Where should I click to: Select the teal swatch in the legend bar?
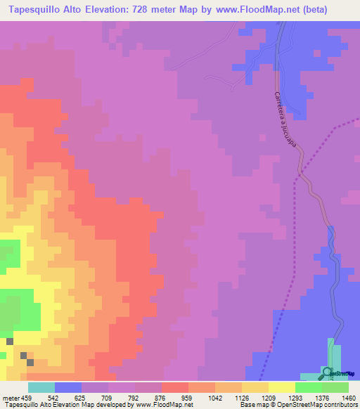[x=41, y=387]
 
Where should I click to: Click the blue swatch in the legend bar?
[x=67, y=387]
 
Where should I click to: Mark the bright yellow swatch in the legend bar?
[x=281, y=387]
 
